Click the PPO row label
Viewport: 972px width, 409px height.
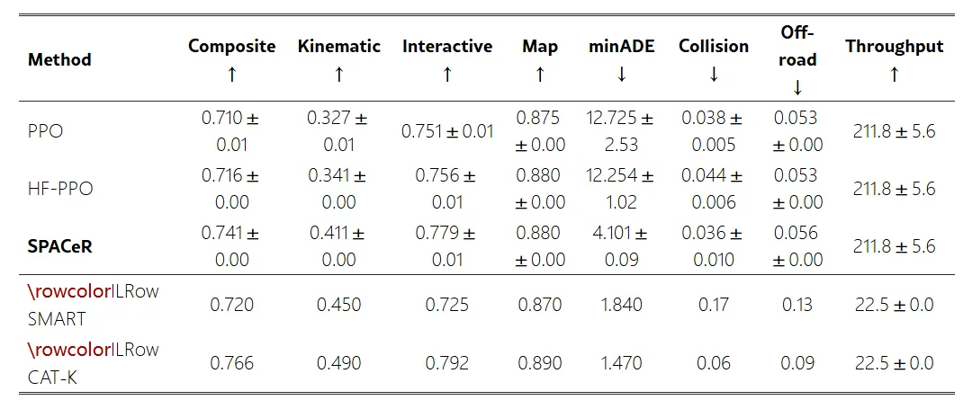pos(45,132)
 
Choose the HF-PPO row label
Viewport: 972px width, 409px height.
pos(60,189)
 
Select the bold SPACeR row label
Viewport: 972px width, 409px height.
pos(60,246)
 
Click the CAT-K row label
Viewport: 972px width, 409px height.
pos(53,377)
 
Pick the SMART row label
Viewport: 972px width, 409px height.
pos(57,319)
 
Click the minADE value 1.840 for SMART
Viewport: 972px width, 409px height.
pos(621,305)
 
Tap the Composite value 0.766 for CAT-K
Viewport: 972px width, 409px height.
pos(232,362)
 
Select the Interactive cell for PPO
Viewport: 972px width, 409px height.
pos(447,132)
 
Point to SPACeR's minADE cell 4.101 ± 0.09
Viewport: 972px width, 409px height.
pos(621,246)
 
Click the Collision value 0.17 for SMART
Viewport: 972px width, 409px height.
pos(714,305)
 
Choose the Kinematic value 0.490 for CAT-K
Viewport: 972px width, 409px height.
pos(338,362)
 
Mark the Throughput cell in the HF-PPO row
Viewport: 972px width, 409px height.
pos(894,189)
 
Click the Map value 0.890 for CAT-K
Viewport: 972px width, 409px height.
pos(539,362)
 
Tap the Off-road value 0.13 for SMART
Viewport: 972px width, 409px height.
pos(797,305)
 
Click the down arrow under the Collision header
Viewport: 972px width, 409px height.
pos(714,75)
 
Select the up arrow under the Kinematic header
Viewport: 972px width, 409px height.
pos(338,75)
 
